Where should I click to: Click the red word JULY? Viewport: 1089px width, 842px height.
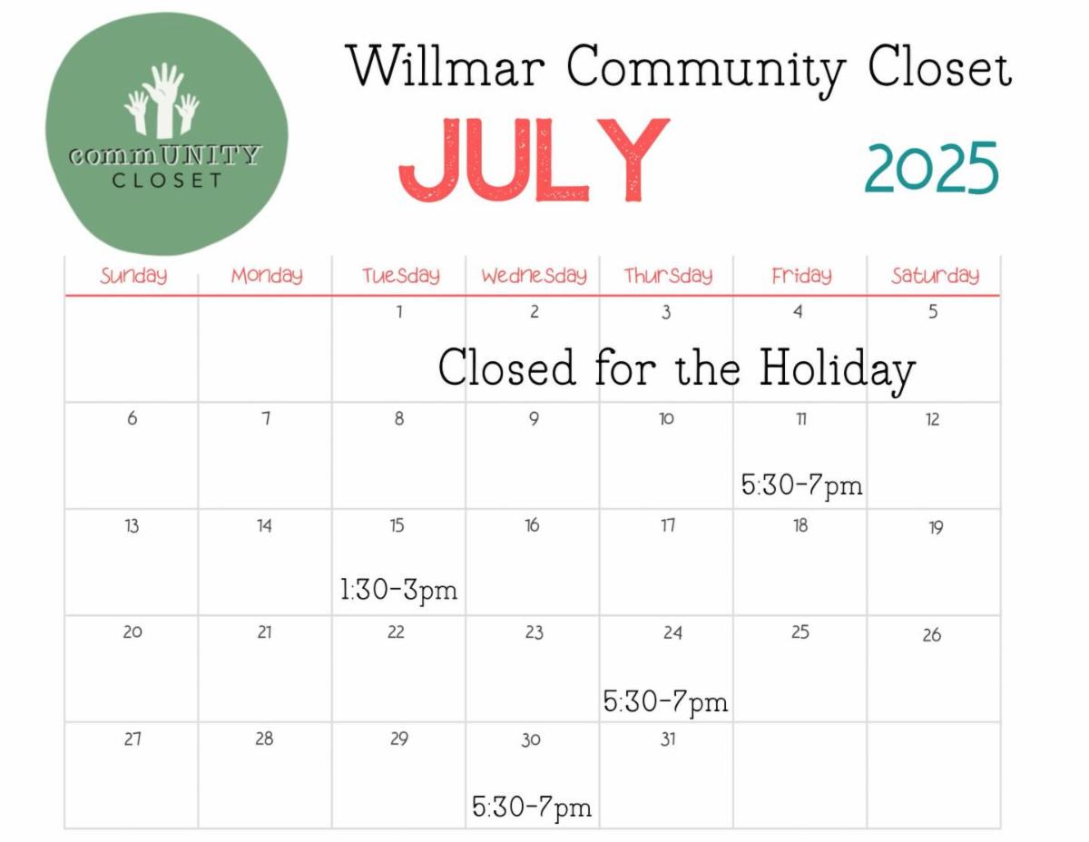(534, 160)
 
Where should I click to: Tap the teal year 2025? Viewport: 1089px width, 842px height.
(932, 168)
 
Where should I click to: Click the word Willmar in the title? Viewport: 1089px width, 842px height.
(446, 66)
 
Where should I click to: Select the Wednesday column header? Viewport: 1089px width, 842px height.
(535, 276)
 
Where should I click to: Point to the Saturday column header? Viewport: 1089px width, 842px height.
(935, 276)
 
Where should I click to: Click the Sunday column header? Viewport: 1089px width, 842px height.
(133, 276)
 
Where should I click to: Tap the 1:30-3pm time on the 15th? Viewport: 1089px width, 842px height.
(399, 590)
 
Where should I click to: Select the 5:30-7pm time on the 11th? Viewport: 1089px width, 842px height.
(802, 485)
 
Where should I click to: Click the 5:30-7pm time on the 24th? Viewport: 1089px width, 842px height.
(665, 701)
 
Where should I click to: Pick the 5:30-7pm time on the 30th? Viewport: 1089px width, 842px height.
(532, 807)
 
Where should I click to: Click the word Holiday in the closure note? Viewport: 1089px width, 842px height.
(838, 369)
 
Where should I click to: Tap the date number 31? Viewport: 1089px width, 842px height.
(668, 739)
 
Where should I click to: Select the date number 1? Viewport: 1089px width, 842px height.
(399, 312)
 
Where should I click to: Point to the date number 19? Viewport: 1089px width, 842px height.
(937, 527)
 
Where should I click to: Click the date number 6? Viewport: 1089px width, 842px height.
(132, 418)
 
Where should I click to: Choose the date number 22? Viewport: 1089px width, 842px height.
(396, 632)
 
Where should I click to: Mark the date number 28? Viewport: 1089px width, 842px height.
(264, 739)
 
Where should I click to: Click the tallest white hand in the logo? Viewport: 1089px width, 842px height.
(163, 99)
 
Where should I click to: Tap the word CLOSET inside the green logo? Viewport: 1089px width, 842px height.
(167, 181)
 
